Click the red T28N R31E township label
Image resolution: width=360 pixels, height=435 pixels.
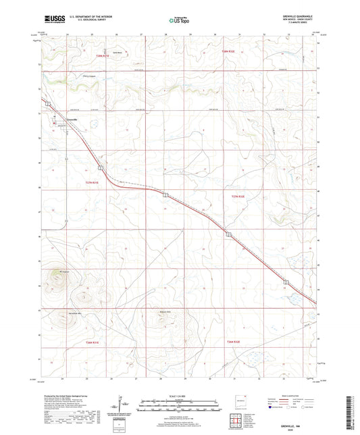click(102, 56)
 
